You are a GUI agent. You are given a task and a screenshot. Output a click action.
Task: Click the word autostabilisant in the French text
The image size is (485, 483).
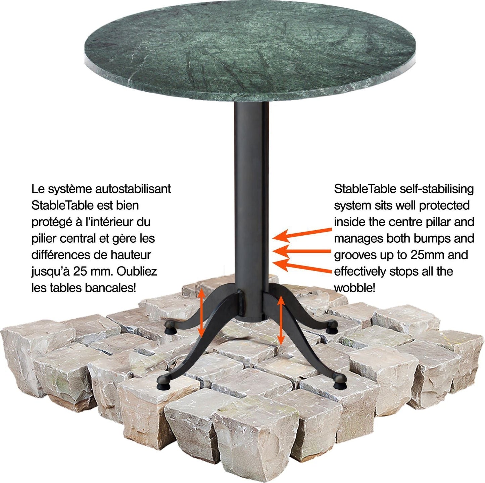(133, 189)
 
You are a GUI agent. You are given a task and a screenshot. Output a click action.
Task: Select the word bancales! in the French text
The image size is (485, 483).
(110, 288)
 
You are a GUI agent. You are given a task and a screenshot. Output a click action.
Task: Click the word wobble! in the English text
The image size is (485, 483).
(355, 288)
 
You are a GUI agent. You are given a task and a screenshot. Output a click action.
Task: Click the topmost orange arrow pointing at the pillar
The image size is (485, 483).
(302, 234)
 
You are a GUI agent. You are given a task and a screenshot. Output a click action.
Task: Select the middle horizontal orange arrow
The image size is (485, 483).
(302, 251)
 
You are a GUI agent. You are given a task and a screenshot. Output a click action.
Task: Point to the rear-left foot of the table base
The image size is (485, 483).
(169, 328)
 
